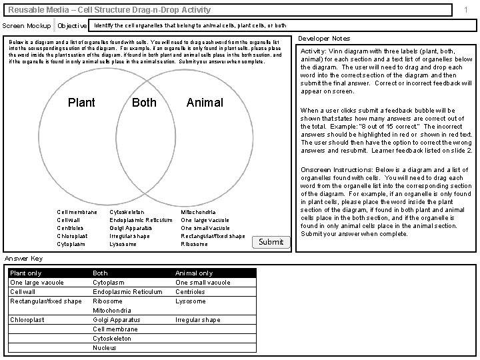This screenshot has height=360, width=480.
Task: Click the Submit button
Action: tap(271, 242)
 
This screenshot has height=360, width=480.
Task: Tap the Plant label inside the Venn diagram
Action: tap(82, 103)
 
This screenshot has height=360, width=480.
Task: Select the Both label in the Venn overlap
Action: tap(144, 103)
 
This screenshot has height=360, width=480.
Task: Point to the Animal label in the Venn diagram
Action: tap(205, 103)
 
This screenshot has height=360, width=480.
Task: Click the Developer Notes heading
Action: tap(324, 39)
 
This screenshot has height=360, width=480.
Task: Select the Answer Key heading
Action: tap(23, 259)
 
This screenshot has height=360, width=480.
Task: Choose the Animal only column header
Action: tap(194, 273)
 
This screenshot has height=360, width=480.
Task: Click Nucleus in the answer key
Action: tap(105, 347)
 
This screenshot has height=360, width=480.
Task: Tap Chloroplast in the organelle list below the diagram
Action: tap(73, 236)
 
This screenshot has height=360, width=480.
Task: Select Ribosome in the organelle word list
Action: tap(194, 244)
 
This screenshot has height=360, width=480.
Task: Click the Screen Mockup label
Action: tap(27, 25)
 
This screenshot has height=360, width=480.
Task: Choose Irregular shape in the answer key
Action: tap(197, 319)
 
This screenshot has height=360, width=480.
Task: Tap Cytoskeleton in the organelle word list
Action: tap(127, 212)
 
